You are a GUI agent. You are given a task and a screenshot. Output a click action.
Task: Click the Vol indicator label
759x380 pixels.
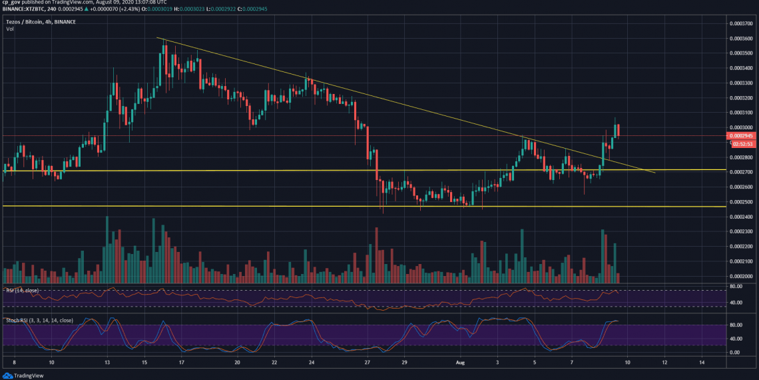pyautogui.click(x=10, y=29)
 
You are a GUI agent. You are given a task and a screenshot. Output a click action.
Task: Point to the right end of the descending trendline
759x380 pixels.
pyautogui.click(x=655, y=173)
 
